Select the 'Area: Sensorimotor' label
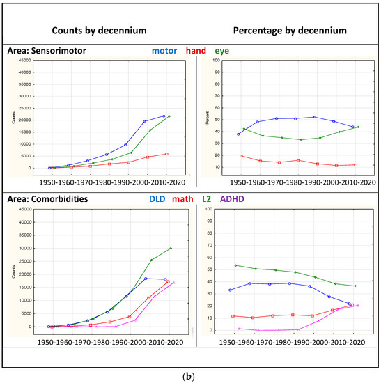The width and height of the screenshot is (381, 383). [49, 51]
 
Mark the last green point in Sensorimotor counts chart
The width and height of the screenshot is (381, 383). [169, 116]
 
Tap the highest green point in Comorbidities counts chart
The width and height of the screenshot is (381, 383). [171, 248]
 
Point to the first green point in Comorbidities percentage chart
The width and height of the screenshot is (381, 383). [237, 265]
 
